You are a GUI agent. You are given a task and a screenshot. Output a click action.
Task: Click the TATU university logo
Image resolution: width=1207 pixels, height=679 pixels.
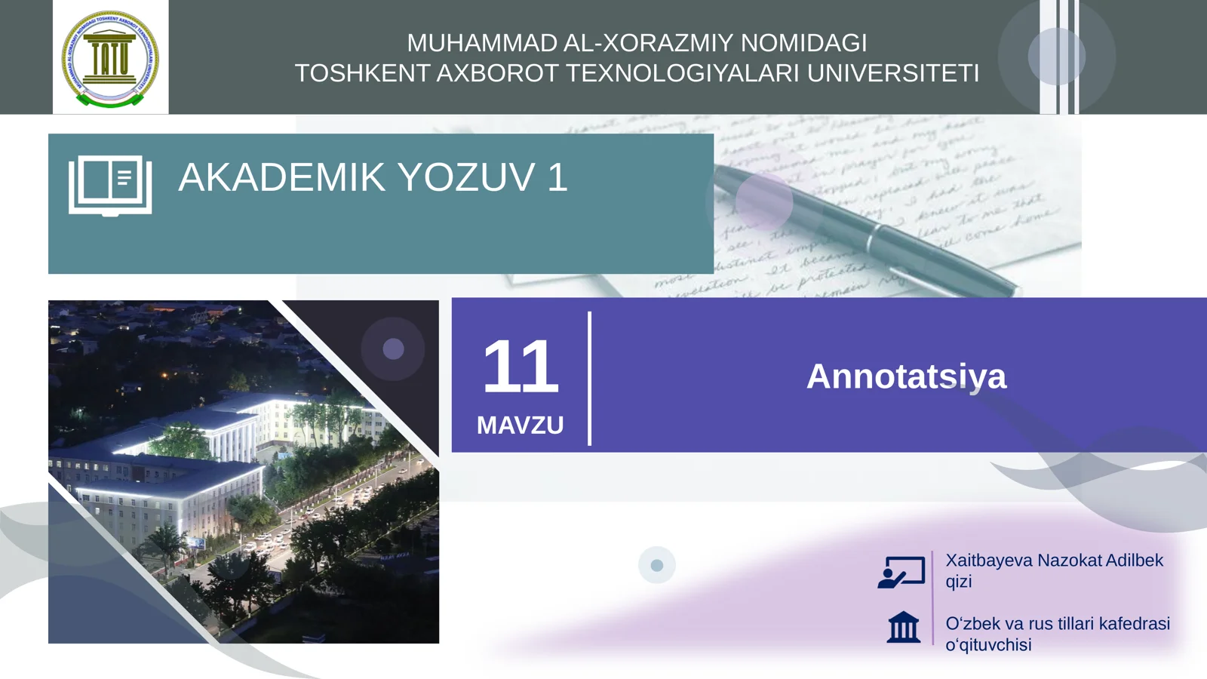pos(110,58)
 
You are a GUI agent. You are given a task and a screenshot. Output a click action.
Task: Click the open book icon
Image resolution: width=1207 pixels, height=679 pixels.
pos(110,186)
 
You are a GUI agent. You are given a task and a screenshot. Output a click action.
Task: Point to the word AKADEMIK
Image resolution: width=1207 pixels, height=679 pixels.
pos(281,177)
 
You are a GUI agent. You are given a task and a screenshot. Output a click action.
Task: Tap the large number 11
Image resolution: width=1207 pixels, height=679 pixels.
pos(520,367)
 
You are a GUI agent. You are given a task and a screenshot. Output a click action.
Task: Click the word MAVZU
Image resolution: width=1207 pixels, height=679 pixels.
pos(520,426)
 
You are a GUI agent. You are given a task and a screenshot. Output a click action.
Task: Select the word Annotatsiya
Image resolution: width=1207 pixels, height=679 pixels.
pos(906,376)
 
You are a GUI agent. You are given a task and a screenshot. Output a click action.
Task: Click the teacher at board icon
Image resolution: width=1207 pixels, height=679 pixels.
pos(901,572)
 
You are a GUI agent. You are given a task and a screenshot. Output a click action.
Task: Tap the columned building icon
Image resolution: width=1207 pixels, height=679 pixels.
pos(903,627)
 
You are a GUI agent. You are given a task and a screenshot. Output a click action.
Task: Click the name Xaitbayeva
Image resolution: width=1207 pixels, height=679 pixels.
pos(989,561)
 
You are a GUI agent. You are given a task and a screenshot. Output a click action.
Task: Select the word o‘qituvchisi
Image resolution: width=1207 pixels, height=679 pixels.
pos(988,645)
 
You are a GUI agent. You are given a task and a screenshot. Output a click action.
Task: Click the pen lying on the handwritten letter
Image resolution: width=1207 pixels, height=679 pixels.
pos(868,234)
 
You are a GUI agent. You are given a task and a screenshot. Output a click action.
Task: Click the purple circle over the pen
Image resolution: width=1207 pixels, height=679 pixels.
pos(763,201)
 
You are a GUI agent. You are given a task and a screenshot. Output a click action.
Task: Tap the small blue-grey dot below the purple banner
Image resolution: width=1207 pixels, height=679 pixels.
pos(656,565)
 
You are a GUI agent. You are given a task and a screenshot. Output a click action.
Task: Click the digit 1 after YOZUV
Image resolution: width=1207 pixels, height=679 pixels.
pos(557,177)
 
